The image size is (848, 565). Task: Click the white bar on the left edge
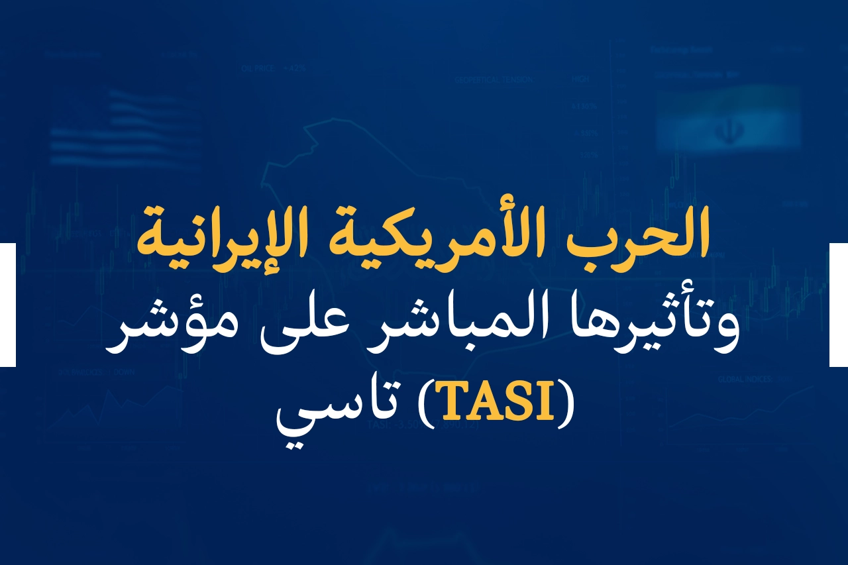tap(7, 305)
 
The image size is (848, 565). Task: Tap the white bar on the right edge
tap(839, 305)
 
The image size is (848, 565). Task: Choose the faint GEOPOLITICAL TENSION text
tap(493, 80)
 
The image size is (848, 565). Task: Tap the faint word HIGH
tap(580, 79)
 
